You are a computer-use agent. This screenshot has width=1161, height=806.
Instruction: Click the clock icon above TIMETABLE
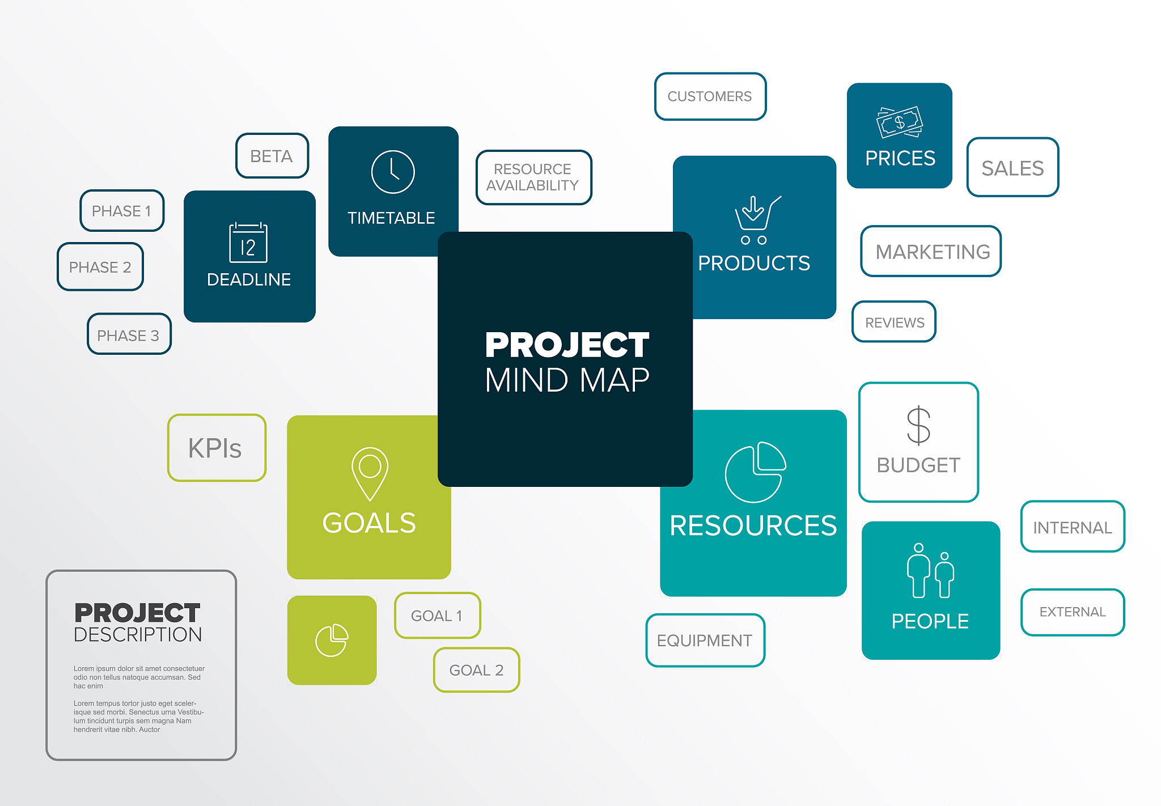[x=393, y=172]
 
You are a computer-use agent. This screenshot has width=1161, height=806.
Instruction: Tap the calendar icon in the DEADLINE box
[x=248, y=243]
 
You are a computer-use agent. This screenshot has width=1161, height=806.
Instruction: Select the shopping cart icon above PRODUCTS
[x=757, y=220]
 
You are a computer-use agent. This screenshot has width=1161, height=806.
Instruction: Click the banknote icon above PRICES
[x=900, y=122]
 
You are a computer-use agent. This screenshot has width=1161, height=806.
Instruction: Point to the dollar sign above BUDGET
[x=918, y=426]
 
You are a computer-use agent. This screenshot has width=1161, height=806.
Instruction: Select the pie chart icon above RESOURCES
[x=755, y=472]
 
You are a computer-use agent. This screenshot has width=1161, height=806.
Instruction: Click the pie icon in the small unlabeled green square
[x=332, y=640]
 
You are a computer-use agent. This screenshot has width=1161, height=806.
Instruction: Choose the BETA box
[x=272, y=156]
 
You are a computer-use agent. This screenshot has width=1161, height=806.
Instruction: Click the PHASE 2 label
[x=100, y=267]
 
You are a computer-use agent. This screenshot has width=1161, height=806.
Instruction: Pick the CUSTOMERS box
[x=710, y=96]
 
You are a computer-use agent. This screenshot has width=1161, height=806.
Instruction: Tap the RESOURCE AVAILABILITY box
[x=533, y=177]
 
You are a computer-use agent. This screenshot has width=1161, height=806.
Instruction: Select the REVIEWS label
[x=895, y=323]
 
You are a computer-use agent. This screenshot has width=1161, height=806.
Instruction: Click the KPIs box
[x=217, y=448]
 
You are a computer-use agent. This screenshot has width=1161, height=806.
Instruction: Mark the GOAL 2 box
[x=476, y=670]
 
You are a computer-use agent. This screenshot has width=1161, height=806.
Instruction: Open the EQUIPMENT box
[x=705, y=640]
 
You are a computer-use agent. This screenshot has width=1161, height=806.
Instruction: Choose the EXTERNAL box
[x=1073, y=612]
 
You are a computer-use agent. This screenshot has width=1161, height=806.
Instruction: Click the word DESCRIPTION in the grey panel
[x=138, y=635]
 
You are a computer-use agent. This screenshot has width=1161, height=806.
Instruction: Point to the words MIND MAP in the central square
[x=567, y=380]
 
